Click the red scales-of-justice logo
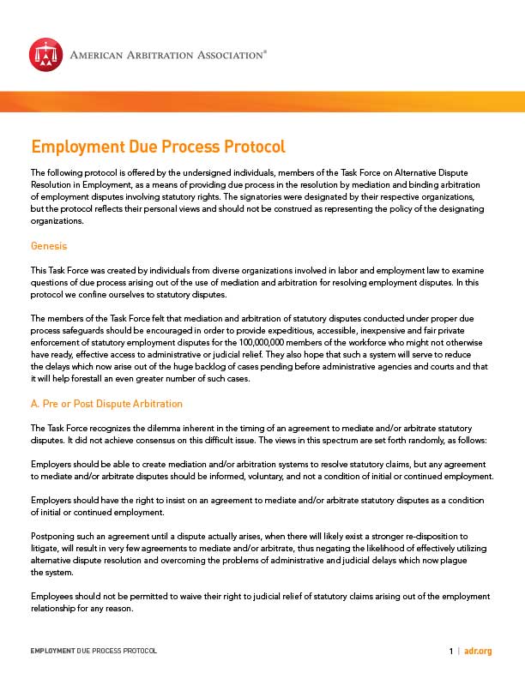coord(45,54)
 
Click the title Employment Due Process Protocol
coord(158,147)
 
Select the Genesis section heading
coord(50,246)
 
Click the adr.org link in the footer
coord(479,652)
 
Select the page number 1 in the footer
coord(450,652)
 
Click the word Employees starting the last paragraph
coord(53,596)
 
